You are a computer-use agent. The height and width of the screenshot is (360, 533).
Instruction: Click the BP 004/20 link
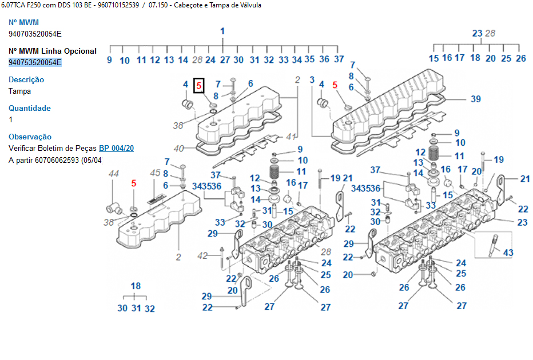coord(117,148)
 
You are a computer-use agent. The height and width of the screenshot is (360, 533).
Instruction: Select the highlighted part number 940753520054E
coord(35,62)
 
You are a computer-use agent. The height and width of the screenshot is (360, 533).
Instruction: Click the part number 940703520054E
coord(35,34)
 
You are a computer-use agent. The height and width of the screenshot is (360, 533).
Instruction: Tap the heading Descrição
coord(26,79)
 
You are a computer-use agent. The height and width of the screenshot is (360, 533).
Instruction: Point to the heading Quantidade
coord(30,108)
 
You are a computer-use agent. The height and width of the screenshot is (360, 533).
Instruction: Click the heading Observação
coord(30,137)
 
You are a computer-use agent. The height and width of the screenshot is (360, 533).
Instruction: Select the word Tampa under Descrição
coord(20,91)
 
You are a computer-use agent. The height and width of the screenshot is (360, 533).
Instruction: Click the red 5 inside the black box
coord(199,86)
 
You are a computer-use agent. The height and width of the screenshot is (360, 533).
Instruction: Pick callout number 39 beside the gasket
coord(475,99)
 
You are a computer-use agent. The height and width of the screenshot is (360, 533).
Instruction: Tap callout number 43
coord(508,253)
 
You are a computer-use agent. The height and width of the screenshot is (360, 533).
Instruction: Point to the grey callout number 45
coord(155,173)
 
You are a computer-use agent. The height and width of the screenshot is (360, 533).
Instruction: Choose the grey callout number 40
coord(178,149)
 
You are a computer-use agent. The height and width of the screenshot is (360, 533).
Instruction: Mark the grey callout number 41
coord(291,137)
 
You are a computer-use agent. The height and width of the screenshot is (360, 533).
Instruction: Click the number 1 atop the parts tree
coord(222,31)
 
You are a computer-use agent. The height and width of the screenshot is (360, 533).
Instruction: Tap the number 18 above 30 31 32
coord(136,286)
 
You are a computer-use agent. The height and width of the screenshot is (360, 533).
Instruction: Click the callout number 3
coord(312,79)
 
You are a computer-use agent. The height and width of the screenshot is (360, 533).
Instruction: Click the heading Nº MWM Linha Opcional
coord(53,51)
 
